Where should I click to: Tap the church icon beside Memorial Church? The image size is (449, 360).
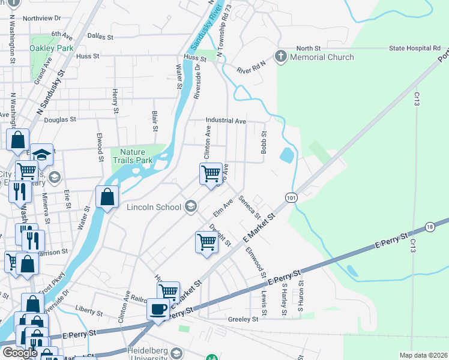click(x=280, y=57)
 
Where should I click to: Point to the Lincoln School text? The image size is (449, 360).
click(x=154, y=208)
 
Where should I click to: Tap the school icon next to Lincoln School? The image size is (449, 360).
click(x=191, y=207)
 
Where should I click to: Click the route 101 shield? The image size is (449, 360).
click(x=291, y=197)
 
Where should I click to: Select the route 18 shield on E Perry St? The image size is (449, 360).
click(x=429, y=226)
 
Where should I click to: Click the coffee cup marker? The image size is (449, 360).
click(x=158, y=309)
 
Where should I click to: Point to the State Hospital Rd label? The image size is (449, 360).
click(x=415, y=48)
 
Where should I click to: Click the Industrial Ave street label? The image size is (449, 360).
click(x=226, y=121)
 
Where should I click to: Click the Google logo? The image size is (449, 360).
click(x=20, y=353)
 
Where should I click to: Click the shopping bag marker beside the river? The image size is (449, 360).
click(x=107, y=196)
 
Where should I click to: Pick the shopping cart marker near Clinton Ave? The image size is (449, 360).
click(x=211, y=173)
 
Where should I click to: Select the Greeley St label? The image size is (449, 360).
click(x=243, y=320)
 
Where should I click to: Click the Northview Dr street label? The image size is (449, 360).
click(x=42, y=19)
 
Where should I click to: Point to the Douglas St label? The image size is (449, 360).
click(x=60, y=120)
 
